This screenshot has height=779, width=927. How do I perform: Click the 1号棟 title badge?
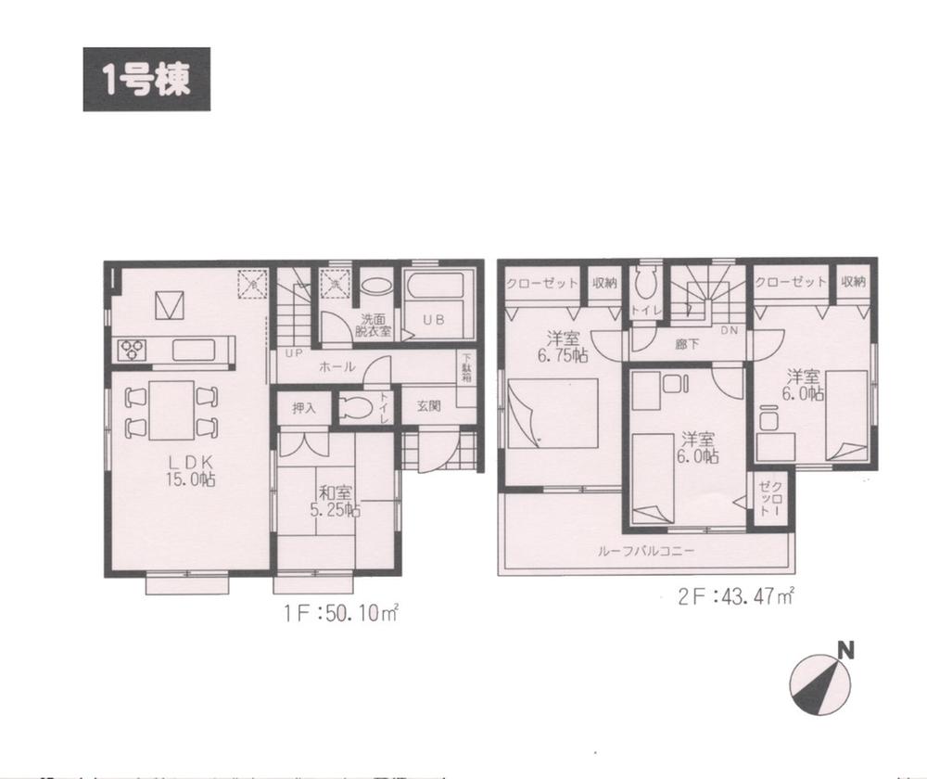(146, 80)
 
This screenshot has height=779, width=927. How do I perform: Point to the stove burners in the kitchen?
(131, 350)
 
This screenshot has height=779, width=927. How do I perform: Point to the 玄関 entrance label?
(428, 405)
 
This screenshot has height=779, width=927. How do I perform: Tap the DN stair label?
(729, 330)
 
